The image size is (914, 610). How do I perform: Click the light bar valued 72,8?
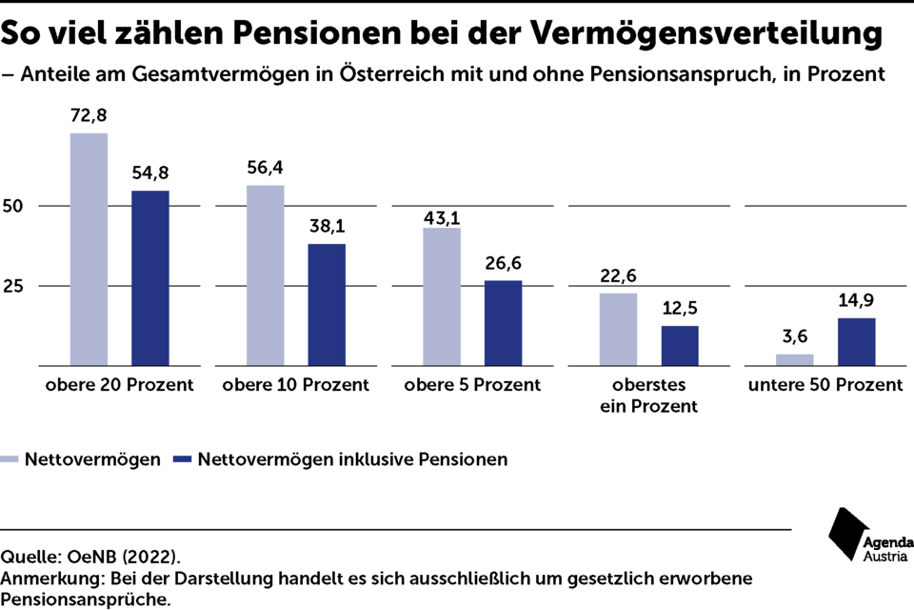point(89,249)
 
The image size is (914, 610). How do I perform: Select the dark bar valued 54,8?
point(149,278)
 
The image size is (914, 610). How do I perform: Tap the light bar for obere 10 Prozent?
point(266,275)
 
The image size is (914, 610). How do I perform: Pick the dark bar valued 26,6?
point(504,323)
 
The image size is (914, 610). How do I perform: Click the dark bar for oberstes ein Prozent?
point(680,346)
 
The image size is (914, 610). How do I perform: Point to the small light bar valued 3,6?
point(795,359)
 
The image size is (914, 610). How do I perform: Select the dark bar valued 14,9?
point(856,342)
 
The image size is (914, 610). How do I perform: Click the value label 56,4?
point(266,169)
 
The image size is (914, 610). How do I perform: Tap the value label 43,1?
point(442,212)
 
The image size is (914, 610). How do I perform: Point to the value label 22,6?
point(619,277)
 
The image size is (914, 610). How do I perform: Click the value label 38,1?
point(327,228)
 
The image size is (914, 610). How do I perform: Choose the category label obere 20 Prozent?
point(119,385)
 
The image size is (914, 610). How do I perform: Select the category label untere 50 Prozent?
point(825,385)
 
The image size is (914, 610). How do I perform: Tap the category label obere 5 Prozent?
point(472,385)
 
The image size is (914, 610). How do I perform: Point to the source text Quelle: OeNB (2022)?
point(90,556)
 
